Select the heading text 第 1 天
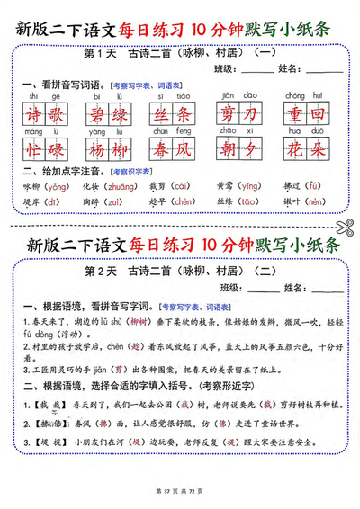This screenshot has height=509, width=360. [101, 53]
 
